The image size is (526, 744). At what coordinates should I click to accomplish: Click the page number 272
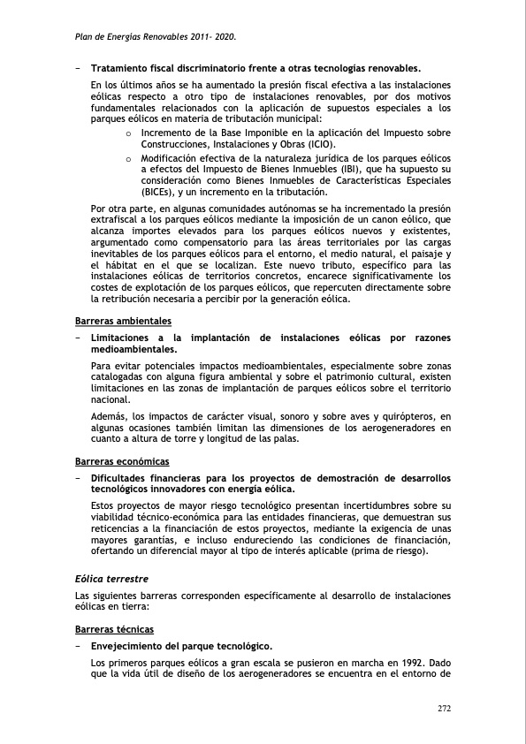[x=444, y=708]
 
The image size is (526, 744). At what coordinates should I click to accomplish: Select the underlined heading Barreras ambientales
[x=124, y=320]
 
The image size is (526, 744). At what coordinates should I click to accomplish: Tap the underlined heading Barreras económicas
[x=122, y=461]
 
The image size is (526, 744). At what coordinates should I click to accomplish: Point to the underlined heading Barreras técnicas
[x=115, y=629]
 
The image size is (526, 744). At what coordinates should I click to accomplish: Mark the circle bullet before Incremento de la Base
[x=129, y=134]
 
